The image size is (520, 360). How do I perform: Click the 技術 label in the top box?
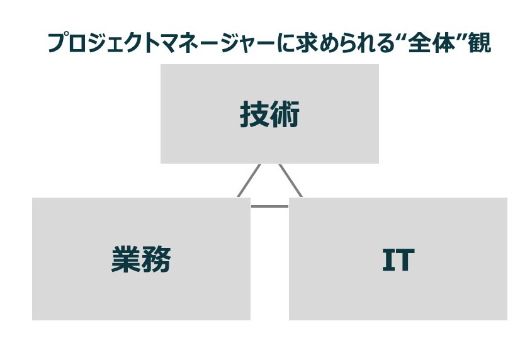click(269, 114)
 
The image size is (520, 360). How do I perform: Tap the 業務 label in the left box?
click(141, 259)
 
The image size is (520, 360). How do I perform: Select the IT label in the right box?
click(398, 260)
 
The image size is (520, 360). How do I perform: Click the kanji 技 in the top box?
click(254, 114)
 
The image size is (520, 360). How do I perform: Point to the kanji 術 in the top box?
click(285, 114)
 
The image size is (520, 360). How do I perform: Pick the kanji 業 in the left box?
click(126, 259)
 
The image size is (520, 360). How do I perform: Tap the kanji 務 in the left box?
click(156, 259)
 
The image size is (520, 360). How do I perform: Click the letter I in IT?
click(388, 260)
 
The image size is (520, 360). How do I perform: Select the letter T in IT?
click(405, 260)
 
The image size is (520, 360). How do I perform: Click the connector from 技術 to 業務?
click(249, 181)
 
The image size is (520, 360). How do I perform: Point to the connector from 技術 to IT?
click(290, 181)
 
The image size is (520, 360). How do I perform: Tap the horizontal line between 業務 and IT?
click(269, 206)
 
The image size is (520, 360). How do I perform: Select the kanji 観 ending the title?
click(480, 43)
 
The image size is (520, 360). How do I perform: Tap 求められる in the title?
click(344, 43)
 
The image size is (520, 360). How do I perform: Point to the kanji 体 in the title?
click(443, 43)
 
